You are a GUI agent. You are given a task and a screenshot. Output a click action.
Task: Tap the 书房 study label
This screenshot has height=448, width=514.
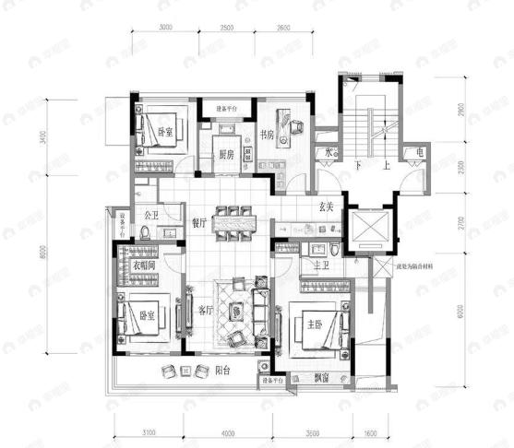click(x=268, y=133)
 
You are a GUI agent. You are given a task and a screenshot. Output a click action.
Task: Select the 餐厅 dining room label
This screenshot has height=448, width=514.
click(x=197, y=222)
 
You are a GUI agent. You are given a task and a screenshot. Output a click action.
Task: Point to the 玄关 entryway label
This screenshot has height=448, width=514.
click(x=326, y=207)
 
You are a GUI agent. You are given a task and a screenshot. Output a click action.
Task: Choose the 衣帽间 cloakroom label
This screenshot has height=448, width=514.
click(x=144, y=265)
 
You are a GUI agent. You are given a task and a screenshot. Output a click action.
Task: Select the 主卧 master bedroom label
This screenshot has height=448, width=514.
click(x=306, y=323)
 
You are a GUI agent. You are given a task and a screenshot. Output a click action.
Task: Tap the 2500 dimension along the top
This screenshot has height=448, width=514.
click(x=226, y=28)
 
